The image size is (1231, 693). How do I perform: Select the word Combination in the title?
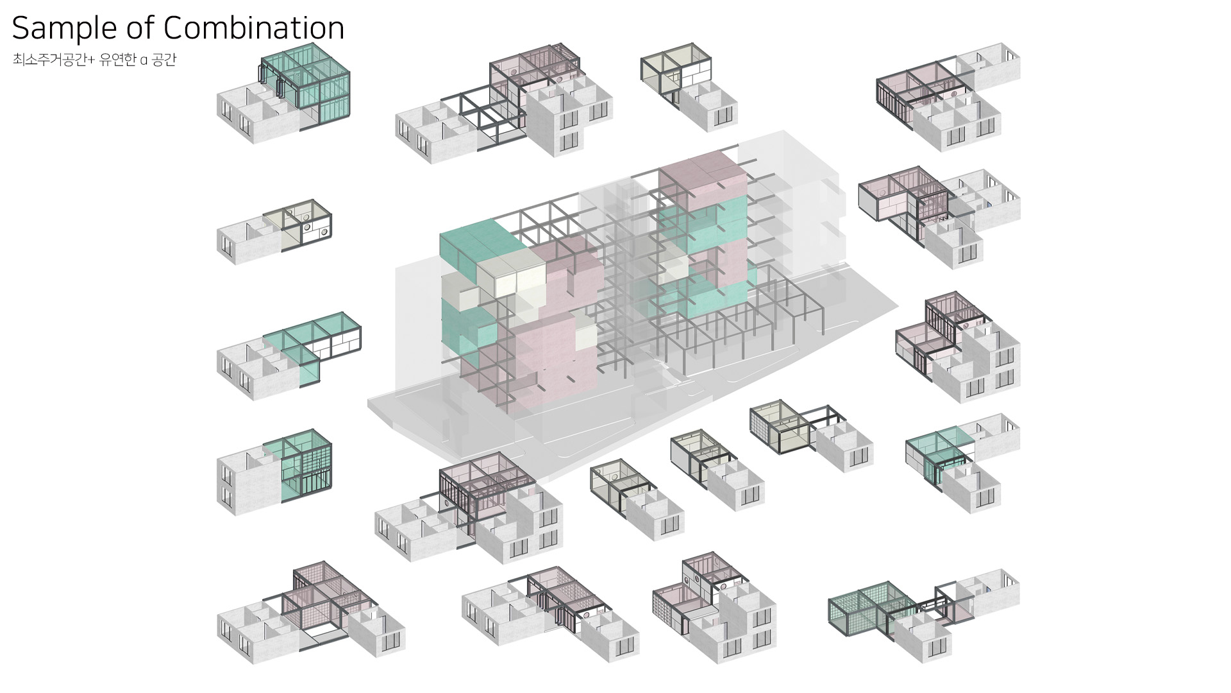point(254,28)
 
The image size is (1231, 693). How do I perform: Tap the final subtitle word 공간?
point(163,60)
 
